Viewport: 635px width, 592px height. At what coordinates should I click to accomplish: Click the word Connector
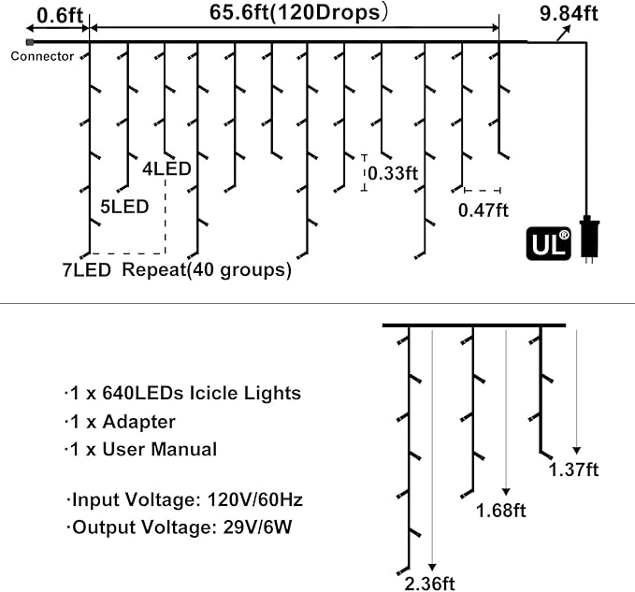pyautogui.click(x=42, y=56)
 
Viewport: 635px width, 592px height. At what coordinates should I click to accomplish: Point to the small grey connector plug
pyautogui.click(x=31, y=42)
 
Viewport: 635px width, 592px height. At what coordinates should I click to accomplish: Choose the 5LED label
pyautogui.click(x=123, y=207)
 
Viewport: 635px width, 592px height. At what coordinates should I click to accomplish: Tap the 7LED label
pyautogui.click(x=87, y=270)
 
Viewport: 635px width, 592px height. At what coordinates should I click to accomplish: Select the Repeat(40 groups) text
pyautogui.click(x=207, y=270)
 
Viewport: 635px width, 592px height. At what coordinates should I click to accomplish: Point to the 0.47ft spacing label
pyautogui.click(x=483, y=209)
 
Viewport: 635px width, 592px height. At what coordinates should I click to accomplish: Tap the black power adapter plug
pyautogui.click(x=590, y=238)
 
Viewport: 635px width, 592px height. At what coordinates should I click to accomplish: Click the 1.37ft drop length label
pyautogui.click(x=574, y=469)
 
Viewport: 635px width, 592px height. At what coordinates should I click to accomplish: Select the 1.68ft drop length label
pyautogui.click(x=501, y=511)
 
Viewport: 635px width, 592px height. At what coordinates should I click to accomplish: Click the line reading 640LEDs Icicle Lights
pyautogui.click(x=185, y=393)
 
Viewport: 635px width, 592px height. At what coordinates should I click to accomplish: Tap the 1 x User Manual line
pyautogui.click(x=142, y=449)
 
